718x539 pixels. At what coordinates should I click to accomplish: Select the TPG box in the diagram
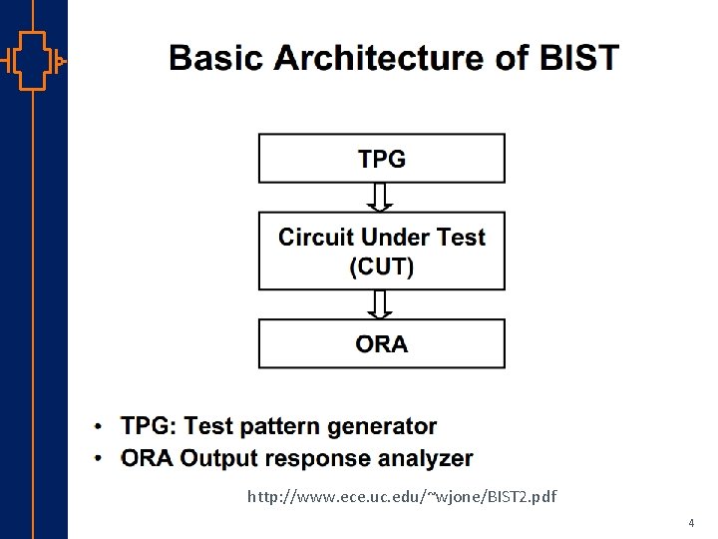[x=382, y=159]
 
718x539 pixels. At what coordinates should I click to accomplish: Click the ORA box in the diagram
[x=382, y=344]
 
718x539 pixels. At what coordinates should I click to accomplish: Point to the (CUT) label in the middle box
[x=382, y=267]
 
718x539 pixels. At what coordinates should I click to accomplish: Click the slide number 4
[x=690, y=523]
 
